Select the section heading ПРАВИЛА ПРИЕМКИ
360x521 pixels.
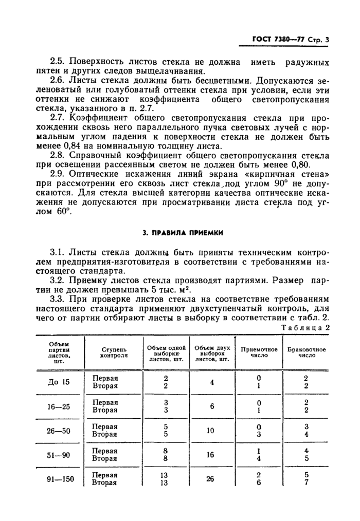coord(183,232)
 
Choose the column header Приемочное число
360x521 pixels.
coord(259,351)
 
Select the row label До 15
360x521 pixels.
coord(59,382)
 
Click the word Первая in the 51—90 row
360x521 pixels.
coord(105,451)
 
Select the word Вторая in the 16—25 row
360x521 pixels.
coord(105,410)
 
